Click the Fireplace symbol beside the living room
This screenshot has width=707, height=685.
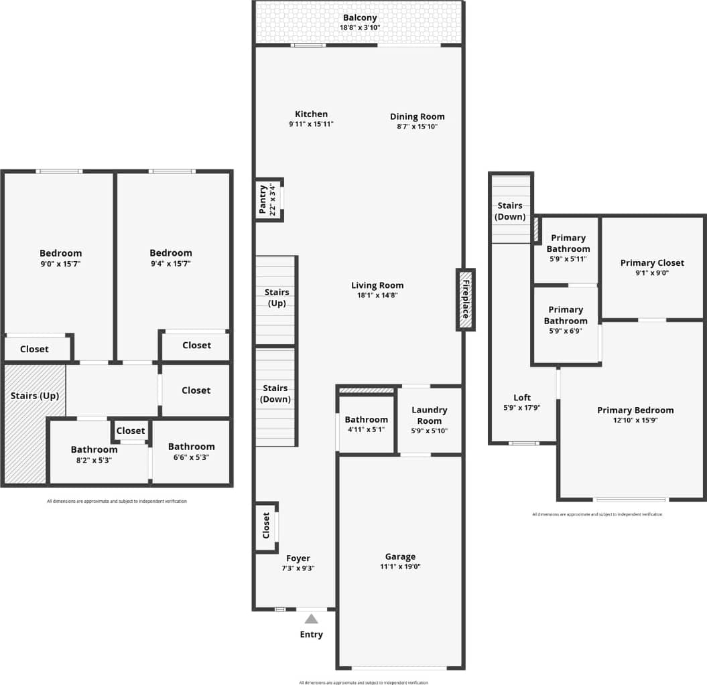tap(465, 299)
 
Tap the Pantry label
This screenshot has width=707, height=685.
tap(262, 200)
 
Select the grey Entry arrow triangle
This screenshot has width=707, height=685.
tap(311, 619)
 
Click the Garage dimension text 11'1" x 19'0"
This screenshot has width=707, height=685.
tap(400, 566)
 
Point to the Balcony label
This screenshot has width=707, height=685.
tap(360, 18)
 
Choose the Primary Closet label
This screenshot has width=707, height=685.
tap(652, 262)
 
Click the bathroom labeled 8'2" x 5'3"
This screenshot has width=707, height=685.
tap(94, 455)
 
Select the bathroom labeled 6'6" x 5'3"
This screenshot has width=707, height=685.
tap(191, 451)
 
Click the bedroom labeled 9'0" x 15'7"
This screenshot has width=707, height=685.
tap(60, 258)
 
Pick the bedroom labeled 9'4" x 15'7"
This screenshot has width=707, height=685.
tap(170, 258)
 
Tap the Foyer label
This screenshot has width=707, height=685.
tap(298, 558)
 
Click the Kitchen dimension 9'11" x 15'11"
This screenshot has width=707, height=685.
tap(311, 124)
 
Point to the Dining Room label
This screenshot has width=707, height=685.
tap(417, 117)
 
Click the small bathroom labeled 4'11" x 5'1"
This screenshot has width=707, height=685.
tap(366, 425)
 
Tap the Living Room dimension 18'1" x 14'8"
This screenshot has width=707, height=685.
tap(377, 295)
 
